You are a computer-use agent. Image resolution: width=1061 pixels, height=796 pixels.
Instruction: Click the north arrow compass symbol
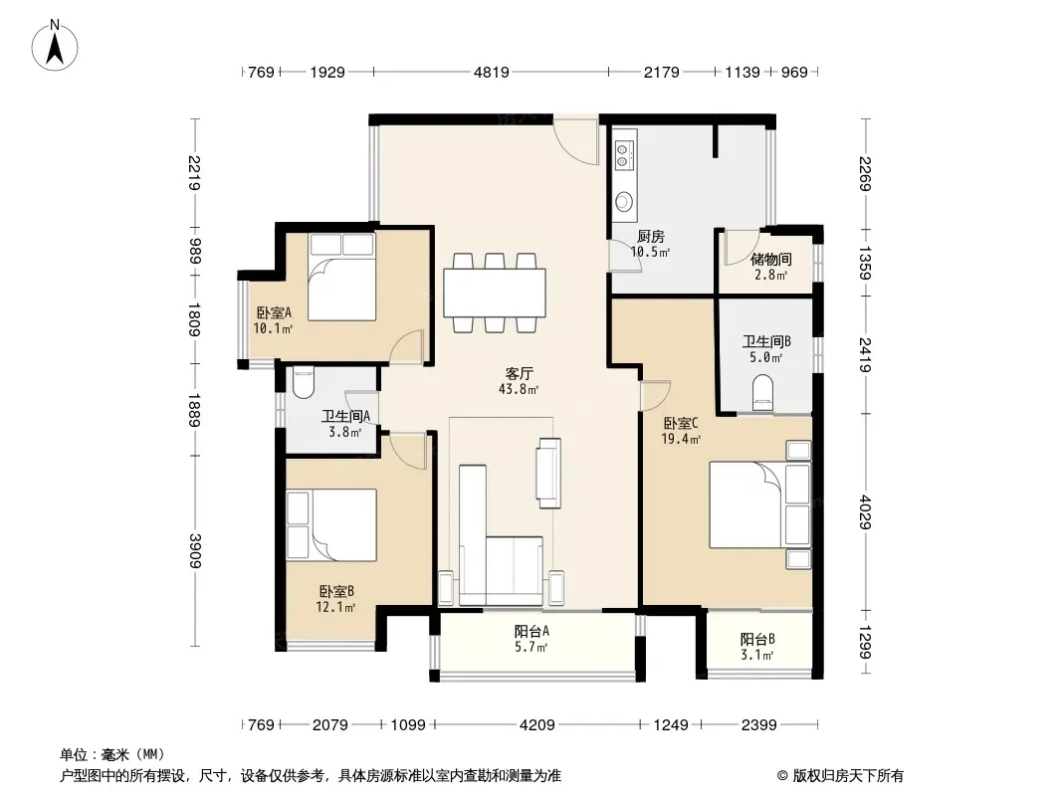click(54, 46)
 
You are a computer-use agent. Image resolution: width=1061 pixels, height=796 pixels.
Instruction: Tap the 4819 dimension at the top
click(492, 72)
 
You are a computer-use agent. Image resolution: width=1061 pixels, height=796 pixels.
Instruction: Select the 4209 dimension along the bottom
click(536, 725)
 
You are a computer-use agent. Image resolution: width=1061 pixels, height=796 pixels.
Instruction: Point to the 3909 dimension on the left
click(195, 551)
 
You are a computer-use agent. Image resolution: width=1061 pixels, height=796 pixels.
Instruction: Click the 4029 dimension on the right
click(866, 512)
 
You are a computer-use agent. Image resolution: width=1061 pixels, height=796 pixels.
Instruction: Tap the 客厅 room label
click(519, 373)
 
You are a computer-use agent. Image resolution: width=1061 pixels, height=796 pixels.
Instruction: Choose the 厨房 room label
click(650, 236)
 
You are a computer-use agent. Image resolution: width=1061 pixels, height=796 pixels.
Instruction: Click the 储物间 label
click(771, 259)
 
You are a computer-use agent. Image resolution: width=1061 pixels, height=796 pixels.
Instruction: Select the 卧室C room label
click(681, 423)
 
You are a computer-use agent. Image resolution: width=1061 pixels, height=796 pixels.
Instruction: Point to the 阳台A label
click(531, 631)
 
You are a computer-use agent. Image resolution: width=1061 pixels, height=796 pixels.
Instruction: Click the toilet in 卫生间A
click(304, 382)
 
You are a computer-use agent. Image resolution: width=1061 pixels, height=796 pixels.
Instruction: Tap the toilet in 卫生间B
click(762, 392)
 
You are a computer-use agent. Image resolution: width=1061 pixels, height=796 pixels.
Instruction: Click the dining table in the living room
click(495, 293)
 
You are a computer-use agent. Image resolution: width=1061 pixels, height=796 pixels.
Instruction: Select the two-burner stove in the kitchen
click(624, 154)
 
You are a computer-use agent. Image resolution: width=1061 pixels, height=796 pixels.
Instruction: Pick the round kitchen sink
click(624, 201)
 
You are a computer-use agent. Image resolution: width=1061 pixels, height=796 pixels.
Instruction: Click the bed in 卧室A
click(341, 277)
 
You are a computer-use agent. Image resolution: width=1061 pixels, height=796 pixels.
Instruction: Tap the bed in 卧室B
click(331, 524)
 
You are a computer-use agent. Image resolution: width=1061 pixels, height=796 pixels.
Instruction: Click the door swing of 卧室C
click(655, 395)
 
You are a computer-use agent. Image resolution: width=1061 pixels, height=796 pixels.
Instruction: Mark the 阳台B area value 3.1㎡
click(757, 655)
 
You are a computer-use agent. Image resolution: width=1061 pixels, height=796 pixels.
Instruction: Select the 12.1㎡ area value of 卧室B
click(335, 607)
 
